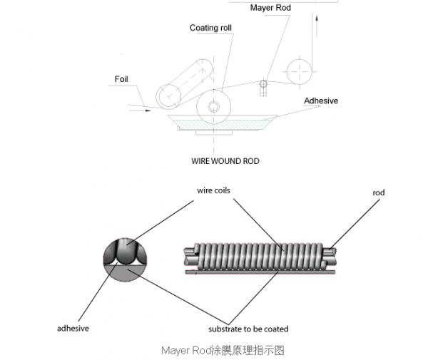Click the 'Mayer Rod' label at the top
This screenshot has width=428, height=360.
click(270, 8)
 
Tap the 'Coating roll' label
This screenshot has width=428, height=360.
click(210, 28)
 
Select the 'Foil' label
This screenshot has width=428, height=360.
click(121, 78)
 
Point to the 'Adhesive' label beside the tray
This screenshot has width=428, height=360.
click(321, 101)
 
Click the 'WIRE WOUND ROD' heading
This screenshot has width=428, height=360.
click(225, 161)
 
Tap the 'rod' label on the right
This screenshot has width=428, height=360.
click(379, 192)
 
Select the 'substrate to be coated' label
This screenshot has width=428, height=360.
click(248, 329)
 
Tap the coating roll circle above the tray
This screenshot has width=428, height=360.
click(215, 107)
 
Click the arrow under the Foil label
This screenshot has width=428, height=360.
click(140, 109)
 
